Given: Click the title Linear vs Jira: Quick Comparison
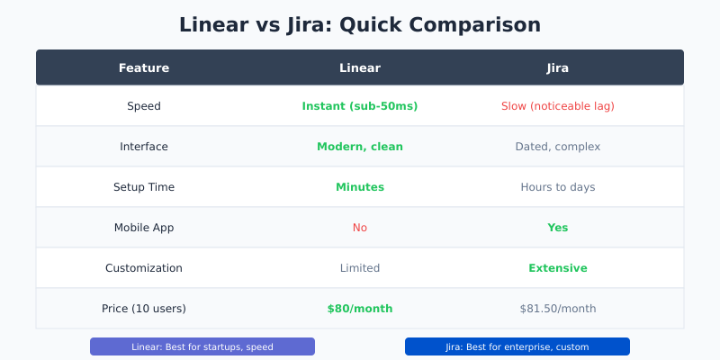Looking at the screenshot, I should (360, 24).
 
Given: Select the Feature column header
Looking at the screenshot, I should (144, 67).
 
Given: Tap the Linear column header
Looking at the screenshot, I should (360, 67).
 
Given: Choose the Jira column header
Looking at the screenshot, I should (558, 67).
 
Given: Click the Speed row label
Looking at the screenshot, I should (144, 106).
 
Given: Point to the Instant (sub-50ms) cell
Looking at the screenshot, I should (360, 106).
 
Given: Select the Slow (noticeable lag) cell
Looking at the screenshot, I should (558, 106).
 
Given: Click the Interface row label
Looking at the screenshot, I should (144, 147).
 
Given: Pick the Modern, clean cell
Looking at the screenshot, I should (360, 147).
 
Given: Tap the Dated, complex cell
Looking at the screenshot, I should (558, 147).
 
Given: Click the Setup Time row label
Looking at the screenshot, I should (144, 187).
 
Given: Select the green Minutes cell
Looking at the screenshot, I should (360, 187).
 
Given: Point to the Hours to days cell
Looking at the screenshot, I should (558, 187).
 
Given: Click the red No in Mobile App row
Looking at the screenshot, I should (360, 228).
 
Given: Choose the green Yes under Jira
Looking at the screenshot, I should (558, 228).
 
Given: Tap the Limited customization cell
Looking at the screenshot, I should (360, 268).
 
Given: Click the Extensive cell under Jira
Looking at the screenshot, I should (558, 268).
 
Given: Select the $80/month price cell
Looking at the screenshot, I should (360, 309).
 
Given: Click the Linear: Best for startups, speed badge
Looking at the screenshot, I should (202, 346).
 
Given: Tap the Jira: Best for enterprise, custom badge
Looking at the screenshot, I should (517, 346).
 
